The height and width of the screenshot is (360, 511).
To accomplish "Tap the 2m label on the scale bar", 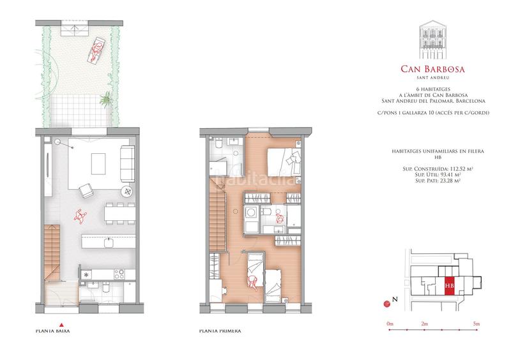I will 425,326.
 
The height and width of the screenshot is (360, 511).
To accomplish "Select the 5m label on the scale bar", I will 477,326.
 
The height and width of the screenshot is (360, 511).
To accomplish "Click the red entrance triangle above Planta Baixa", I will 61,323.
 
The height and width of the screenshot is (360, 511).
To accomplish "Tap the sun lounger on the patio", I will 95,49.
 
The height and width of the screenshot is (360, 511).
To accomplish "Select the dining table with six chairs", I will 119,214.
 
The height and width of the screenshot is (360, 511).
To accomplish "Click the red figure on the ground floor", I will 79,216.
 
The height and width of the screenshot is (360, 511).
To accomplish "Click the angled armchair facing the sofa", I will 84,190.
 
